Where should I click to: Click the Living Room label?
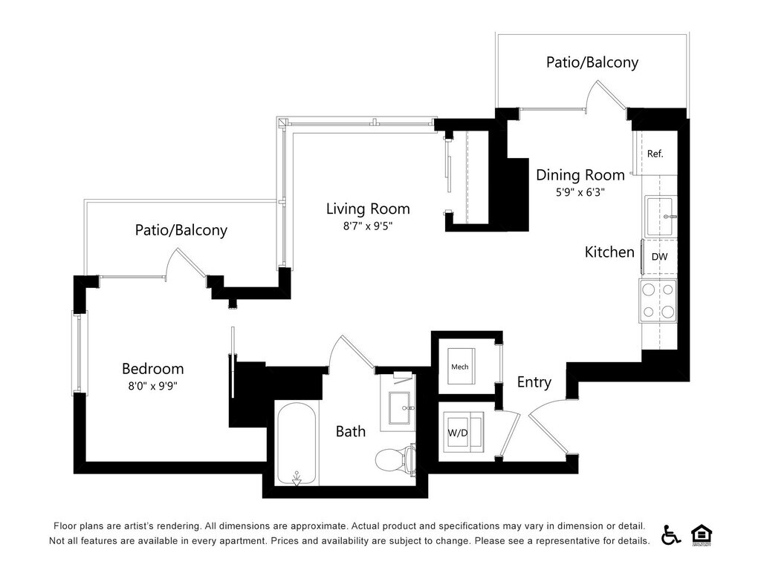(368, 209)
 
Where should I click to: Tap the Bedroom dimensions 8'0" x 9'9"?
(153, 386)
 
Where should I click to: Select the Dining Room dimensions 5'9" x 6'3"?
(580, 192)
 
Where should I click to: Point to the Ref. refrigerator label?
(655, 154)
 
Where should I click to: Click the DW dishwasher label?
(659, 256)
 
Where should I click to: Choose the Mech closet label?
(459, 367)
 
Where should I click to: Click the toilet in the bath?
(395, 458)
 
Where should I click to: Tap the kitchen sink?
(658, 217)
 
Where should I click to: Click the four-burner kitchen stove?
(658, 301)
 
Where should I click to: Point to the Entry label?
(534, 382)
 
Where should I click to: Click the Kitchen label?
(609, 252)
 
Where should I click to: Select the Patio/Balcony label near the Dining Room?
(592, 62)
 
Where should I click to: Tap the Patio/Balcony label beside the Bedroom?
(181, 230)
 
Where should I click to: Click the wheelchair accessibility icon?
(671, 534)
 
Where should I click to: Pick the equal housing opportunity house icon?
(702, 534)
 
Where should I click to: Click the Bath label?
(351, 431)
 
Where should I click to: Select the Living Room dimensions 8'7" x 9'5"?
(368, 226)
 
